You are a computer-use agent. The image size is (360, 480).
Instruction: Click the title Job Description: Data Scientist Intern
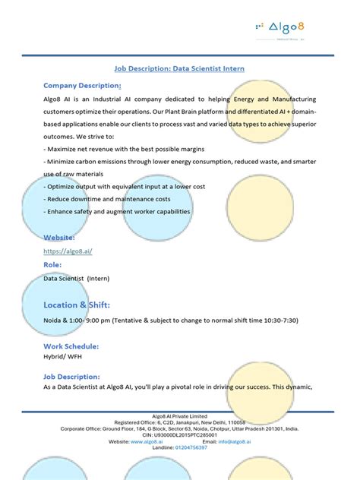179,68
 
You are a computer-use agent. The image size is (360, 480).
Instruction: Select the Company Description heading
83,85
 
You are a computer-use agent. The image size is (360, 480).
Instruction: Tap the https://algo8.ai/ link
68,251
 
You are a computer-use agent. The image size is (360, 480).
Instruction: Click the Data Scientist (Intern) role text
77,278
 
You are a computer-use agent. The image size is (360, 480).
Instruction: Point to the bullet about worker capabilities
118,212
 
